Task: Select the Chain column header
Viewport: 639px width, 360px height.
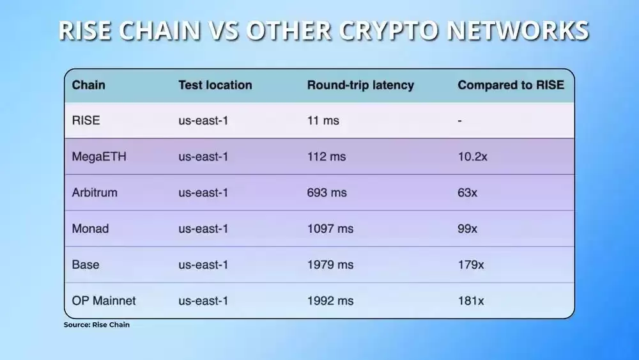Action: tap(89, 85)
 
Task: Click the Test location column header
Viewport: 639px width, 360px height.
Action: tap(215, 85)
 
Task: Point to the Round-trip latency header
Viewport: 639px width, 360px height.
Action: tap(360, 85)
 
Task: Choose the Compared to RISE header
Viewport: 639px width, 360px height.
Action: tap(511, 85)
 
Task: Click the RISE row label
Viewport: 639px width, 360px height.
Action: tap(86, 120)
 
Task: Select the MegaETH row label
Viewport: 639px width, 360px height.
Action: tap(99, 157)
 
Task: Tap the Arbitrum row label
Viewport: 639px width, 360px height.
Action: tap(95, 192)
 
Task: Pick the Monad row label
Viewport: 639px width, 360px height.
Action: tap(91, 228)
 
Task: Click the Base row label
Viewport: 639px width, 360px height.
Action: tap(86, 264)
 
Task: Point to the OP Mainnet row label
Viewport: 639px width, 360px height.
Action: tap(104, 300)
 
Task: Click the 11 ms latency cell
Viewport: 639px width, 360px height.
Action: tap(323, 120)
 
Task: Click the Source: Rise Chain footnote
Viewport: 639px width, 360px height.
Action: tap(96, 325)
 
